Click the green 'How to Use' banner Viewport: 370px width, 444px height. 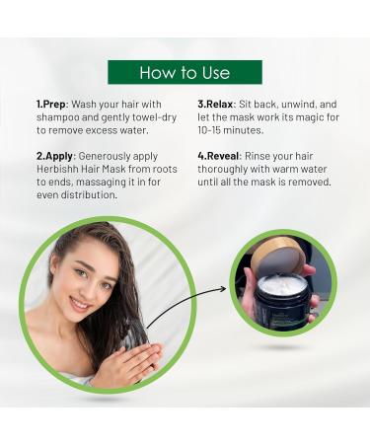point(185,72)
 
